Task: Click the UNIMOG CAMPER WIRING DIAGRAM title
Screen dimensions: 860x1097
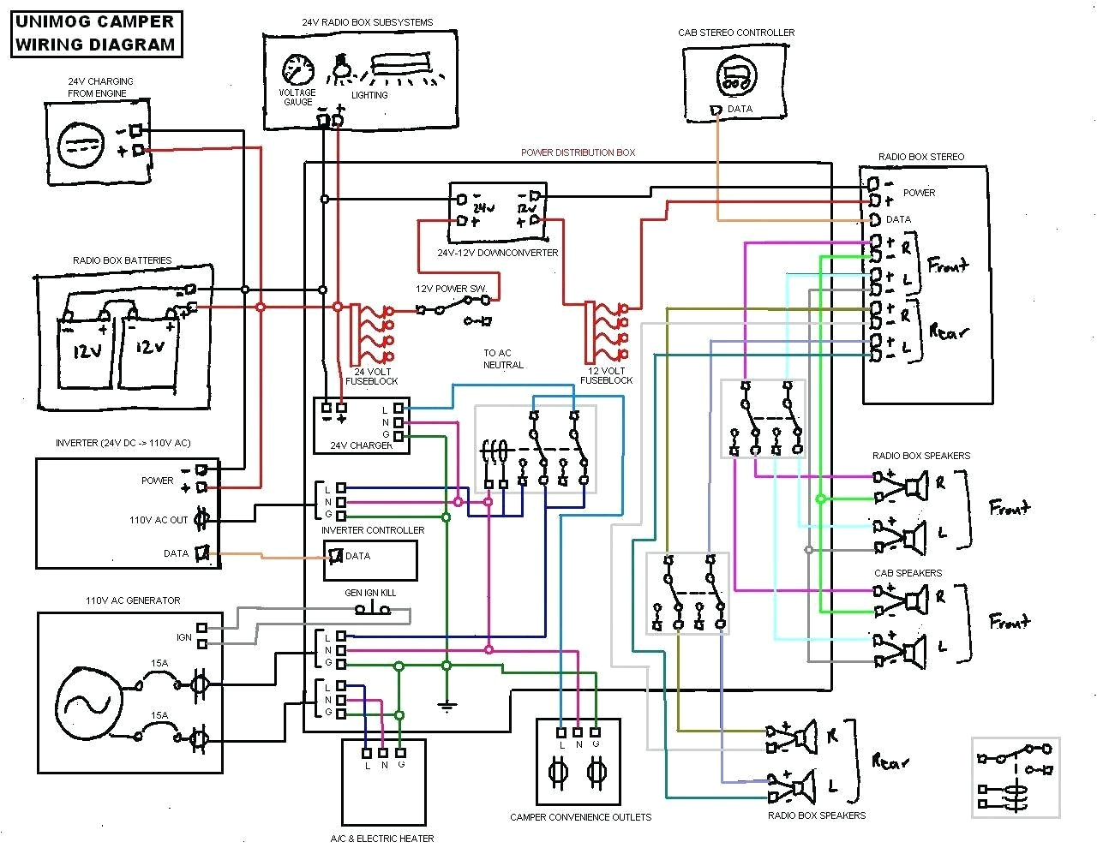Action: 95,33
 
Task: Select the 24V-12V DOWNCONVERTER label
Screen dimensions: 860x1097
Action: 497,253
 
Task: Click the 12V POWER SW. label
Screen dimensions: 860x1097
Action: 451,289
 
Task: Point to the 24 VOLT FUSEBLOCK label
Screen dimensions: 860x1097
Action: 371,376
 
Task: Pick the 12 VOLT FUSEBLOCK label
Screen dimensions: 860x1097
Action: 607,375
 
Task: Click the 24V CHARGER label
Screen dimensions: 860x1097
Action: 362,445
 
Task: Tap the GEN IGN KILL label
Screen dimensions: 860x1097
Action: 370,593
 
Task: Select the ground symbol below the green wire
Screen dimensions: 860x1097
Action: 446,706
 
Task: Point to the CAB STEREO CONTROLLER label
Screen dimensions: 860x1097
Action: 736,33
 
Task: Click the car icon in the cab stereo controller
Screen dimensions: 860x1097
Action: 736,75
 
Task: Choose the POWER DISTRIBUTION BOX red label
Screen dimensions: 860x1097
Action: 578,152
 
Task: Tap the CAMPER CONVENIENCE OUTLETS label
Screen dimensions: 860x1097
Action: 580,817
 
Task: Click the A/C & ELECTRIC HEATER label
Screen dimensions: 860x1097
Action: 382,839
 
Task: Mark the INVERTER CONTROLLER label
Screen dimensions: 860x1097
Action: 372,530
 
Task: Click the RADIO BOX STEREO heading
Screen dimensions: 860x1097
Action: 921,157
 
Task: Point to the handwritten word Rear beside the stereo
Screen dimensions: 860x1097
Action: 948,331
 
